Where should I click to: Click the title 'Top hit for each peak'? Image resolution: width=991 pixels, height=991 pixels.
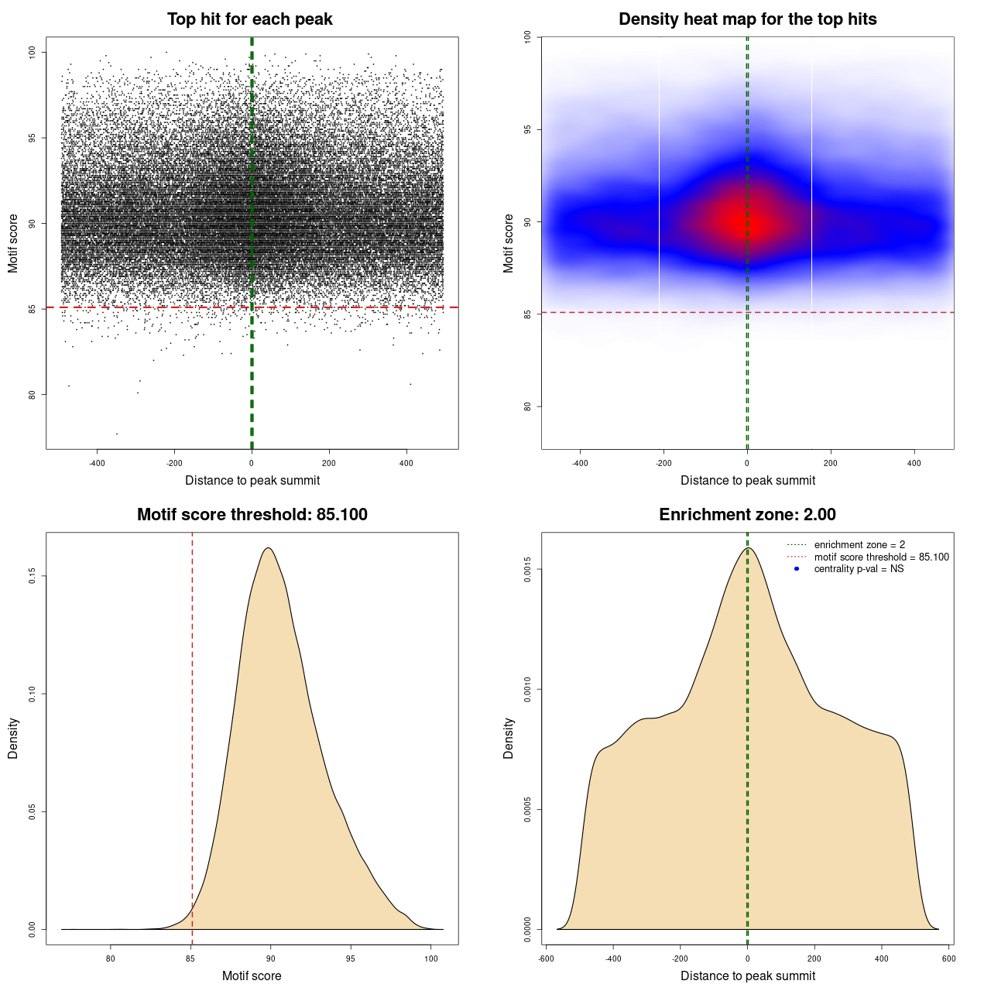click(x=249, y=19)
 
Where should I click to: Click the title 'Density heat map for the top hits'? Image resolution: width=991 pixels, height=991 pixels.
click(x=747, y=19)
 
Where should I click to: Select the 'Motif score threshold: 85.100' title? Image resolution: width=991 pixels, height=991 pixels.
click(x=252, y=515)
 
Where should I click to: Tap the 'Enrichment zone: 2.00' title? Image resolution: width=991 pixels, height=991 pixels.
click(x=747, y=515)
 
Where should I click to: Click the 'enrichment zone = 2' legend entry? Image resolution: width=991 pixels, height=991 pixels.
click(x=859, y=545)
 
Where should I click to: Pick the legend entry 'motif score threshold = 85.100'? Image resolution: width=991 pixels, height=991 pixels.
click(x=881, y=557)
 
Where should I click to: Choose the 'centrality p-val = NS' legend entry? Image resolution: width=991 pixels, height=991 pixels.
click(x=859, y=569)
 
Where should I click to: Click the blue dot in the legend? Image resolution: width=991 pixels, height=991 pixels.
click(x=797, y=569)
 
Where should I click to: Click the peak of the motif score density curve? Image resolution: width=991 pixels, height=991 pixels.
click(x=268, y=548)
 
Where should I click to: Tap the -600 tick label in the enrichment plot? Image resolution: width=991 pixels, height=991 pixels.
click(x=546, y=958)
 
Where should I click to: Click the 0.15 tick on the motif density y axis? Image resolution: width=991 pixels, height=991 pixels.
click(x=32, y=576)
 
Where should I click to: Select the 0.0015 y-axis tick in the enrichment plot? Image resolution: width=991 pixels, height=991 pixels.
click(x=527, y=569)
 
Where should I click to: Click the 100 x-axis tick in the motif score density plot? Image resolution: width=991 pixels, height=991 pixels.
click(x=431, y=958)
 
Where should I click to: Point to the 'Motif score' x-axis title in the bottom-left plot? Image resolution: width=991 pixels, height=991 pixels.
click(x=252, y=976)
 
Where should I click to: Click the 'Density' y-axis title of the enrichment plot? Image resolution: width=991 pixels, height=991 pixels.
click(x=509, y=738)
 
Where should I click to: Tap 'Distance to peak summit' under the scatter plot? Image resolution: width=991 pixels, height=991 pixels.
click(x=252, y=480)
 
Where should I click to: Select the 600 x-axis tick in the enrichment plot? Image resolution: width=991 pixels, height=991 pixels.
click(x=948, y=958)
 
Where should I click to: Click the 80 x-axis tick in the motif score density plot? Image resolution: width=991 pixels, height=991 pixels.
click(x=111, y=958)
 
